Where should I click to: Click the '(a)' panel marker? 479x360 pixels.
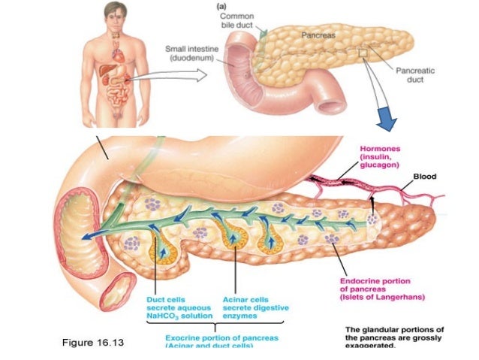point(222,5)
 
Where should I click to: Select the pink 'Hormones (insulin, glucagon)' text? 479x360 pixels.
point(382,156)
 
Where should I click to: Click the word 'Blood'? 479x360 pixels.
point(424,177)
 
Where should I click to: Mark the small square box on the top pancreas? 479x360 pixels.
point(363,53)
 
